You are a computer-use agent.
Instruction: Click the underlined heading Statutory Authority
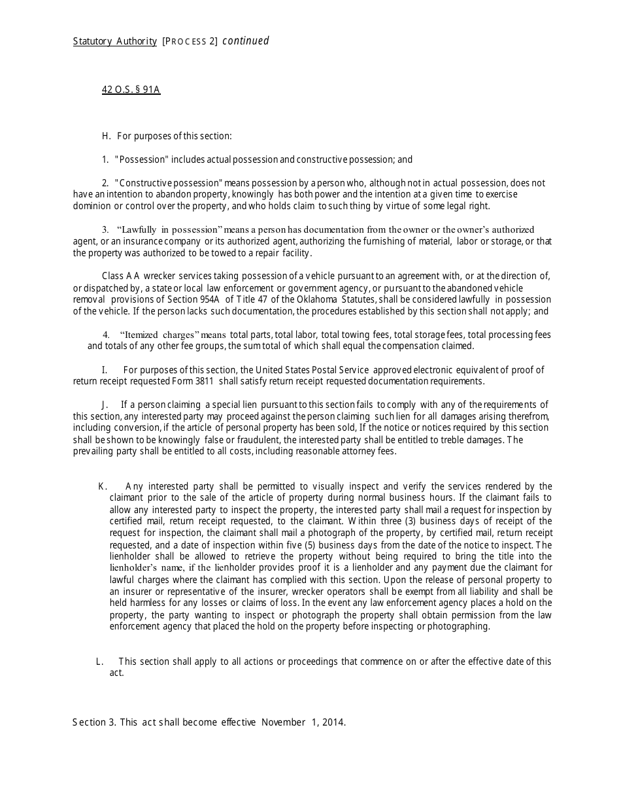[114, 41]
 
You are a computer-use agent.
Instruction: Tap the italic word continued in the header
[246, 41]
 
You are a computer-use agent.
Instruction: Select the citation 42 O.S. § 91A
[131, 90]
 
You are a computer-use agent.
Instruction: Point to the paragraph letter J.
[105, 405]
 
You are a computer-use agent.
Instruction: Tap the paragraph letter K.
[102, 486]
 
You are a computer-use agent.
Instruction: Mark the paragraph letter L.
[99, 662]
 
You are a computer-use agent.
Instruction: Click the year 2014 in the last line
[331, 722]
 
